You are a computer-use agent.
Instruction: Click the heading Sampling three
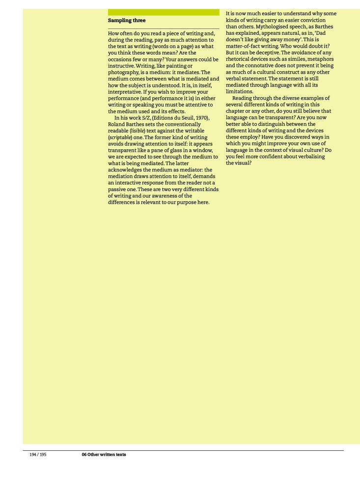[x=127, y=21]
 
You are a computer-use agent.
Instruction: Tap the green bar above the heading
[x=164, y=12]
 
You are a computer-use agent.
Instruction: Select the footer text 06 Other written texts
[x=104, y=455]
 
